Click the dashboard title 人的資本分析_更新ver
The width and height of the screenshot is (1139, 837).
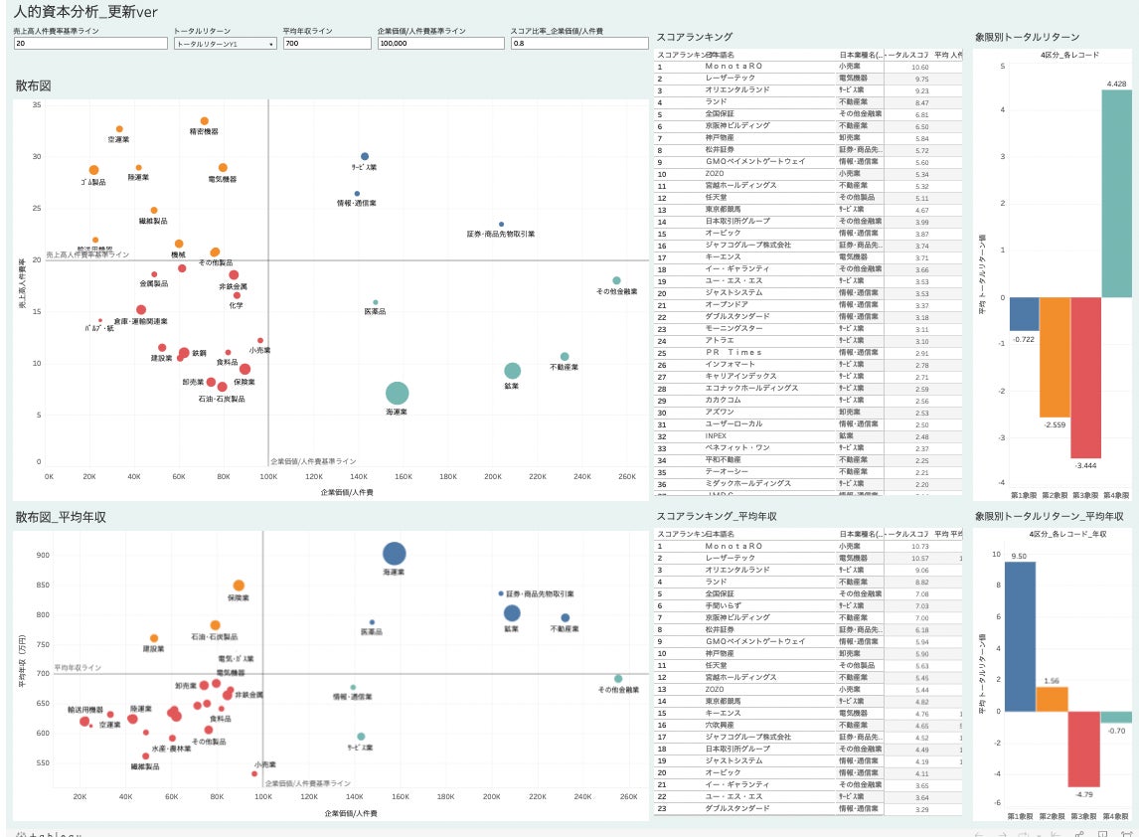tap(79, 11)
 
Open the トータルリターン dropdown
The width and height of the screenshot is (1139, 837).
tap(225, 44)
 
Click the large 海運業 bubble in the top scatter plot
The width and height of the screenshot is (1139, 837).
tap(398, 393)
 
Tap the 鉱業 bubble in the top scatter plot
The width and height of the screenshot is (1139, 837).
tap(512, 371)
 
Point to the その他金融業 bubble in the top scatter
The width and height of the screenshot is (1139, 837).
tap(616, 280)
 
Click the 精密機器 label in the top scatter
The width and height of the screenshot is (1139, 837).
tap(204, 131)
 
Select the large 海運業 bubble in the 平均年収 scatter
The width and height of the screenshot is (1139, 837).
tap(395, 554)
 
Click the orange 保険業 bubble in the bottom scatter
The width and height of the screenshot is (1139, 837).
tap(239, 586)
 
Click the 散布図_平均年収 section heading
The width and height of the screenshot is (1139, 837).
tap(61, 517)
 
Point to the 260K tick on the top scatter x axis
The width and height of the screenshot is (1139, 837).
tap(627, 477)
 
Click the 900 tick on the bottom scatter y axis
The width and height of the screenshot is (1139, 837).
tap(43, 555)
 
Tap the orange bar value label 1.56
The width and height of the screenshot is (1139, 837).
tap(1052, 681)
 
